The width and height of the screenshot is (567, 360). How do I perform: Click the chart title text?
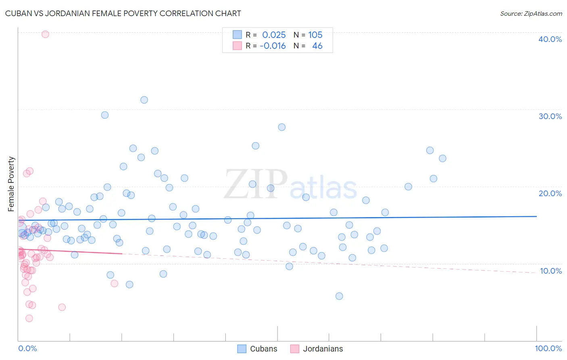pyautogui.click(x=123, y=13)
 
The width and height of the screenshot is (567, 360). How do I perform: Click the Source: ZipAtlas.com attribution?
pyautogui.click(x=531, y=14)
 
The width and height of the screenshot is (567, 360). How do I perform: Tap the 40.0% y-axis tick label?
pyautogui.click(x=550, y=39)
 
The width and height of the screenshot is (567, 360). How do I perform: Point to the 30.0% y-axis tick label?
pyautogui.click(x=550, y=116)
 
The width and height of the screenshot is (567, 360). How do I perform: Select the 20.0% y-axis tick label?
pyautogui.click(x=550, y=193)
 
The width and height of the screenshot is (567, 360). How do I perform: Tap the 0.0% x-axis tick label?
pyautogui.click(x=27, y=348)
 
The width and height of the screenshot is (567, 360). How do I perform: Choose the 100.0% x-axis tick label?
pyautogui.click(x=548, y=348)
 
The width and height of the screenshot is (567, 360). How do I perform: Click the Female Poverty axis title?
pyautogui.click(x=11, y=184)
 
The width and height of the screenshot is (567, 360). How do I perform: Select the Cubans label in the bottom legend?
pyautogui.click(x=264, y=349)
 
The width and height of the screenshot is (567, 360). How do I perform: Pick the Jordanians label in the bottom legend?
pyautogui.click(x=323, y=349)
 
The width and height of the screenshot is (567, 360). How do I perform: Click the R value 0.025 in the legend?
pyautogui.click(x=274, y=35)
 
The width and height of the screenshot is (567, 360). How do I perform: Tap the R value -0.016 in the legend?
pyautogui.click(x=273, y=46)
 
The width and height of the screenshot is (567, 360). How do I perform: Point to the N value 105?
pyautogui.click(x=315, y=35)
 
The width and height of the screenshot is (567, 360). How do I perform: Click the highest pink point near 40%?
pyautogui.click(x=45, y=34)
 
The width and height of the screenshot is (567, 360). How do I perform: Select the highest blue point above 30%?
pyautogui.click(x=144, y=100)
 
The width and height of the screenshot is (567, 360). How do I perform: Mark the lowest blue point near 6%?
pyautogui.click(x=339, y=296)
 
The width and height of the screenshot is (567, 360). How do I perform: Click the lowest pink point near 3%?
pyautogui.click(x=29, y=318)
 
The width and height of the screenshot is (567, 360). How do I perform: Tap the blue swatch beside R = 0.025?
pyautogui.click(x=237, y=35)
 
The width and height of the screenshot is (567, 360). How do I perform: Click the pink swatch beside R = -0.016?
pyautogui.click(x=237, y=46)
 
